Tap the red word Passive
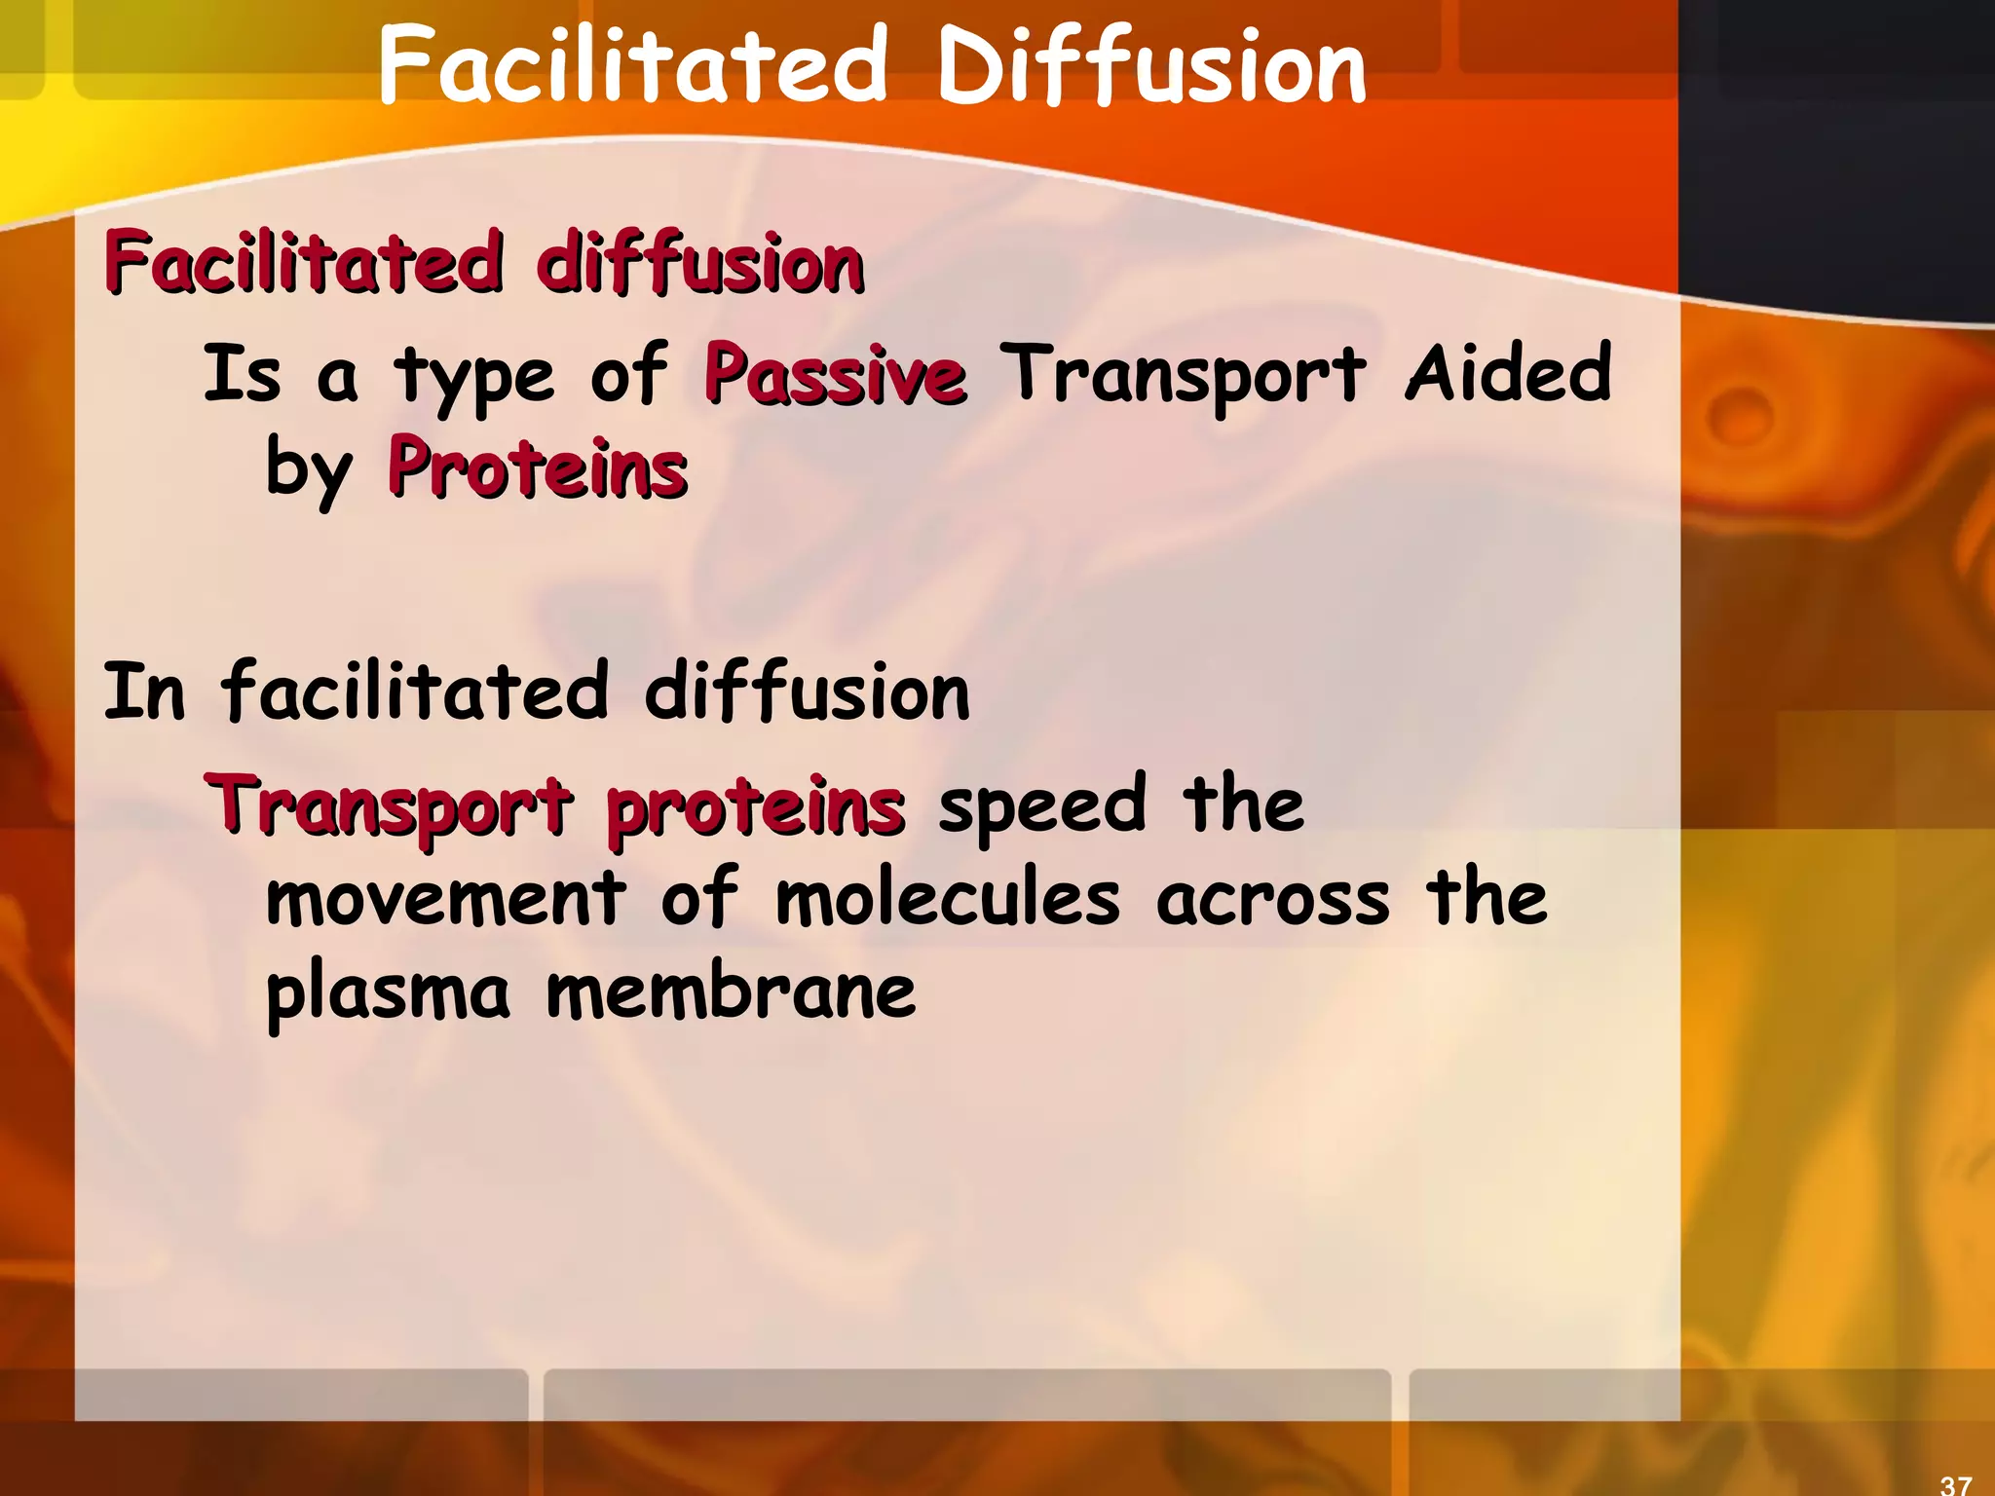[836, 375]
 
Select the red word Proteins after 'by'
[538, 469]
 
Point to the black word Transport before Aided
[1185, 376]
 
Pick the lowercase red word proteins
[756, 808]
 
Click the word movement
[446, 898]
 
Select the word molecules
[947, 898]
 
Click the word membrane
[731, 991]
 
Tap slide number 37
[1955, 1484]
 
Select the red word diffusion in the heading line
[699, 263]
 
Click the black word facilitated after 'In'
[416, 692]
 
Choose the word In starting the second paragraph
[144, 692]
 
